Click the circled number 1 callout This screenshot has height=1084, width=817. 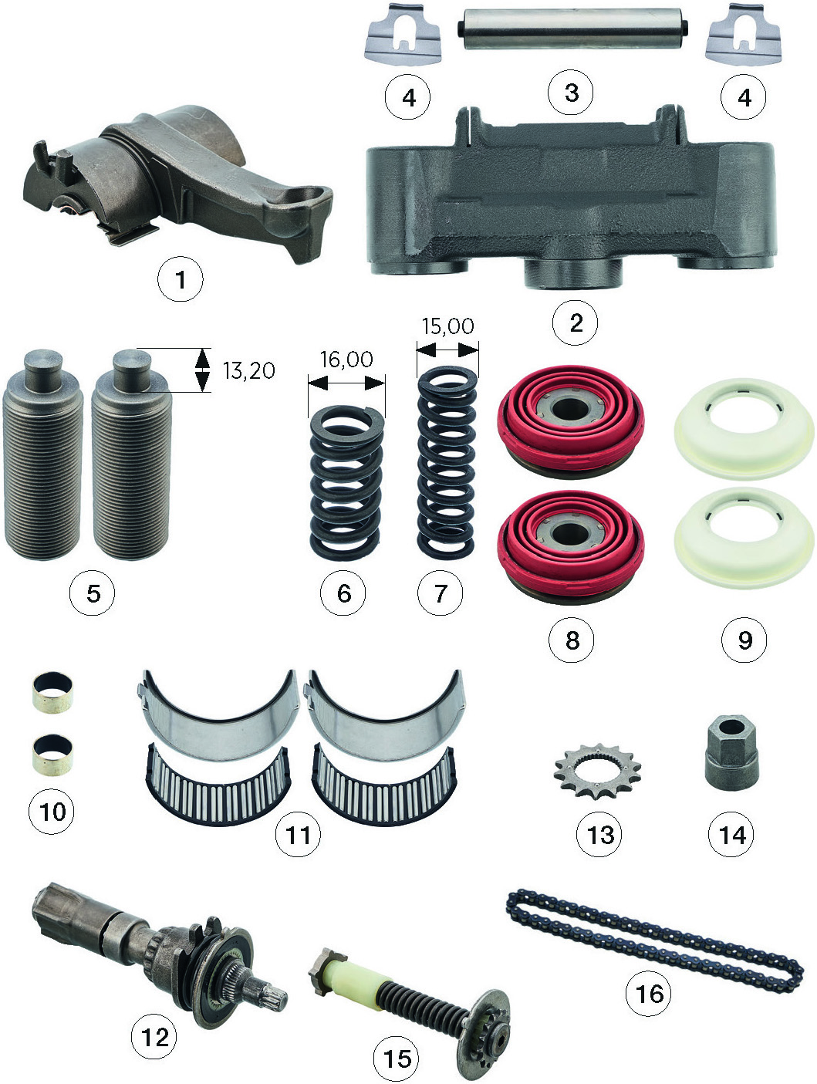tap(181, 279)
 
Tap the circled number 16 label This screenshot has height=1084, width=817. tap(648, 993)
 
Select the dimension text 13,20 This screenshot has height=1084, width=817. tap(248, 370)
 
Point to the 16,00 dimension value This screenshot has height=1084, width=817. tap(346, 359)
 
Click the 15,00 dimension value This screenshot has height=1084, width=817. tap(447, 326)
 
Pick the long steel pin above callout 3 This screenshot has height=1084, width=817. tap(572, 29)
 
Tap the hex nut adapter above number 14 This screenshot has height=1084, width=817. tap(731, 752)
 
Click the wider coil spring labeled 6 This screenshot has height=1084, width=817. tap(346, 484)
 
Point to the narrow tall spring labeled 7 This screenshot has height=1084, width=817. tap(447, 461)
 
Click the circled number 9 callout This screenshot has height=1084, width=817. tap(744, 640)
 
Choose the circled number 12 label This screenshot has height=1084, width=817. tap(154, 1037)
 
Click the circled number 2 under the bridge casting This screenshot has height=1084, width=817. tap(575, 322)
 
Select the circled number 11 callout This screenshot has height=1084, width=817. tap(298, 834)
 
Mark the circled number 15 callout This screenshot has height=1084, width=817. tap(396, 1058)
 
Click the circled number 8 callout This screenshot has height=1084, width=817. tap(571, 640)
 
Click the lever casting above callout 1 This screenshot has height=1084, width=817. tap(177, 183)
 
